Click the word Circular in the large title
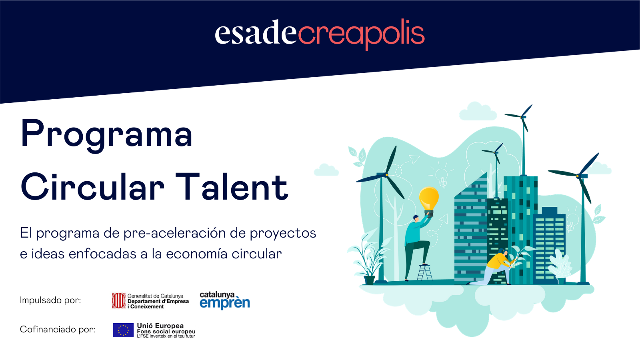(92, 186)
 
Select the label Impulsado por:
(50, 300)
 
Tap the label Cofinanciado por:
(58, 330)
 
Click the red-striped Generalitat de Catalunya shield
(118, 300)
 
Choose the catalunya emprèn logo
(225, 300)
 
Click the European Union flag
(123, 330)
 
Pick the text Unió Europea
(160, 326)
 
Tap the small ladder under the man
(424, 272)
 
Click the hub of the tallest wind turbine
(522, 117)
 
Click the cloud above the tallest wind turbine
(478, 112)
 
